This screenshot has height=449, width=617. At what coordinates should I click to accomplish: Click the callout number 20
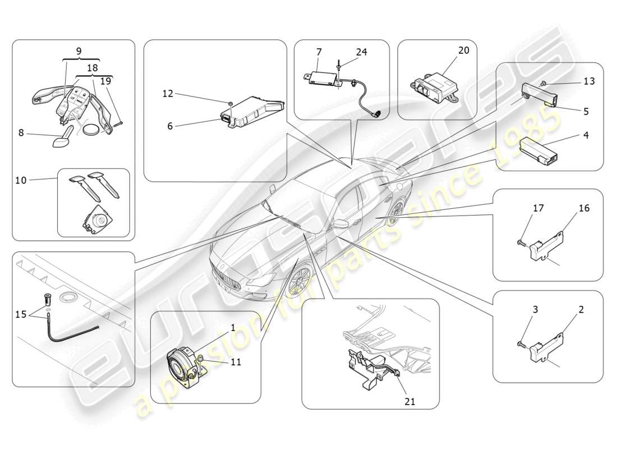point(463,51)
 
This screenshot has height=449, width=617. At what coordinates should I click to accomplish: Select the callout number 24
point(361,52)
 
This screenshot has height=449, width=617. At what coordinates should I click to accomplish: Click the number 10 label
point(21,180)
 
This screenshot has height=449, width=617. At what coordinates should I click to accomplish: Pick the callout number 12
point(168,94)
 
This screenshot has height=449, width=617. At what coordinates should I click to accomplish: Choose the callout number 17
point(538,208)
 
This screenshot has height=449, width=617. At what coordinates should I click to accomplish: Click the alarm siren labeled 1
point(182,364)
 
